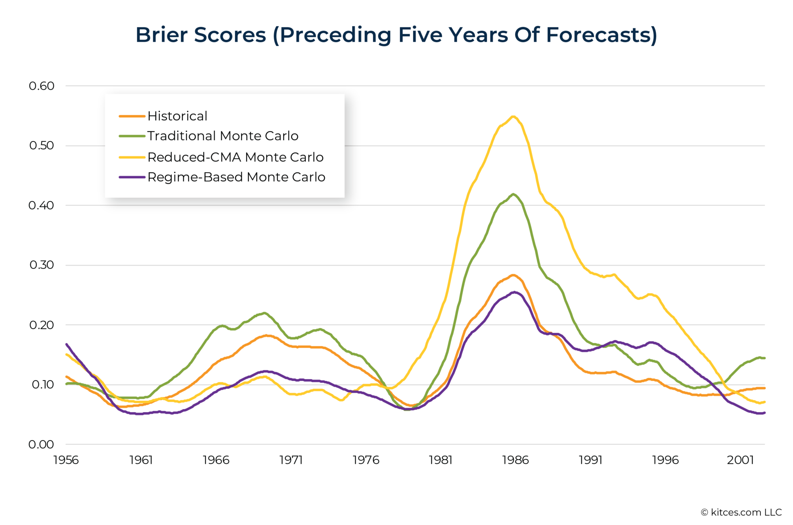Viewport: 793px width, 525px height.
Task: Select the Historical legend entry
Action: [x=177, y=116]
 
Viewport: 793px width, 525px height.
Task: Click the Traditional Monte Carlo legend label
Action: [x=222, y=136]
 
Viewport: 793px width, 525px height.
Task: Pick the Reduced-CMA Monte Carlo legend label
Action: [x=235, y=157]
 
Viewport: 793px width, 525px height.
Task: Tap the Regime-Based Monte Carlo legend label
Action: [x=236, y=177]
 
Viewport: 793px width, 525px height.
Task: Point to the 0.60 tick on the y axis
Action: [x=41, y=86]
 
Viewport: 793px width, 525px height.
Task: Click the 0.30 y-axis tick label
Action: [x=41, y=265]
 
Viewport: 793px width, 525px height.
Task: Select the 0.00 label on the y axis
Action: [x=41, y=444]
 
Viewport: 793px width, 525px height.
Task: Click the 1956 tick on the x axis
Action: [x=66, y=460]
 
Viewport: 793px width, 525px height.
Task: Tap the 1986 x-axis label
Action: [x=515, y=460]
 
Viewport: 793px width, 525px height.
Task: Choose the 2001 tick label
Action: [x=740, y=460]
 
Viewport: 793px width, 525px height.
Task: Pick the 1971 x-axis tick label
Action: [x=291, y=460]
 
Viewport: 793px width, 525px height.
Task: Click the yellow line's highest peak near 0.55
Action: [x=513, y=116]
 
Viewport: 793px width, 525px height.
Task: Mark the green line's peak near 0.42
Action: [x=513, y=194]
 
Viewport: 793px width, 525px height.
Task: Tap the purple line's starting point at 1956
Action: [x=67, y=344]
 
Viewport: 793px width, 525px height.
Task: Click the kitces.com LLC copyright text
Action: [x=741, y=512]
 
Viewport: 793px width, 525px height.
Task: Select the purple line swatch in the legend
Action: [x=132, y=177]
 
